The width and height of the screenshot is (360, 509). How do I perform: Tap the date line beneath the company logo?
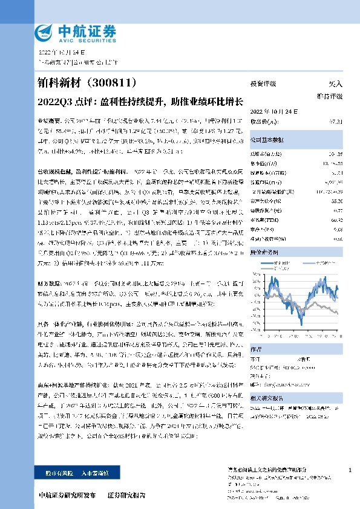click(x=57, y=53)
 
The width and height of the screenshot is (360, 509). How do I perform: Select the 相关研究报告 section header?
click(x=267, y=399)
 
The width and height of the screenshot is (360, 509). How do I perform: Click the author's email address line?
click(x=284, y=384)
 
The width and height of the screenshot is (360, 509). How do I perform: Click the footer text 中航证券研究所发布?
click(x=67, y=495)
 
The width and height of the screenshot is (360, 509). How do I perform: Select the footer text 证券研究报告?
click(x=126, y=495)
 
